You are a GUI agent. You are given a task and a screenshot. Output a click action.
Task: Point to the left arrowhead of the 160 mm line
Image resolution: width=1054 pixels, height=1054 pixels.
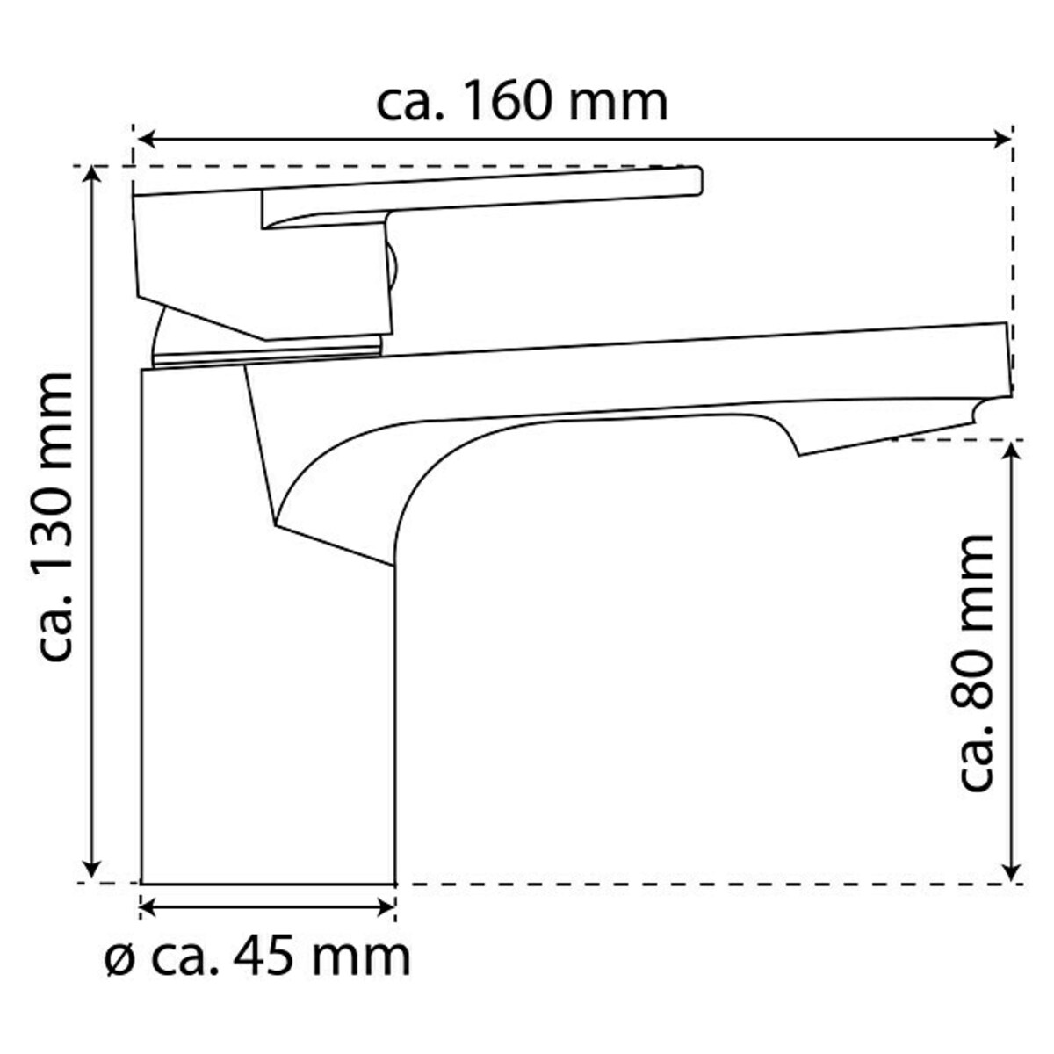[x=147, y=139]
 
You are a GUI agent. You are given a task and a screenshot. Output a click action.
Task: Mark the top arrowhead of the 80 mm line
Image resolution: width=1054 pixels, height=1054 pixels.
[x=1012, y=451]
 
